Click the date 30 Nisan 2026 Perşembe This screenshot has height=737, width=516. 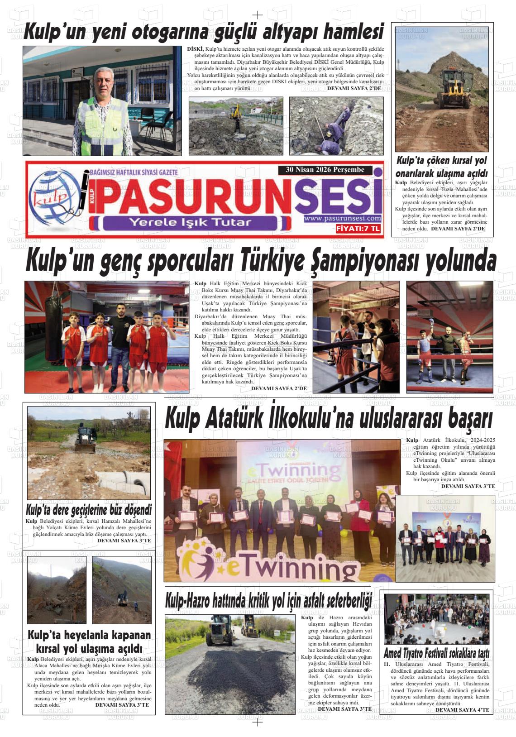[325, 170]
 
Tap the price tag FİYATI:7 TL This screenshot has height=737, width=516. [358, 229]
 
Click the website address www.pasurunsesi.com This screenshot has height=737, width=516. [343, 219]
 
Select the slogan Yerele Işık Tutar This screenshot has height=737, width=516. [190, 222]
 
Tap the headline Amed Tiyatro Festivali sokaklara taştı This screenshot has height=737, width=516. [436, 654]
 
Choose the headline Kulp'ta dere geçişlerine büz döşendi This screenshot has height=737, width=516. [89, 509]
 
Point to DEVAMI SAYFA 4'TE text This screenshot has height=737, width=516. [462, 710]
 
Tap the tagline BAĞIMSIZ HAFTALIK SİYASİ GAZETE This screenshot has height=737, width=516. [134, 172]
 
